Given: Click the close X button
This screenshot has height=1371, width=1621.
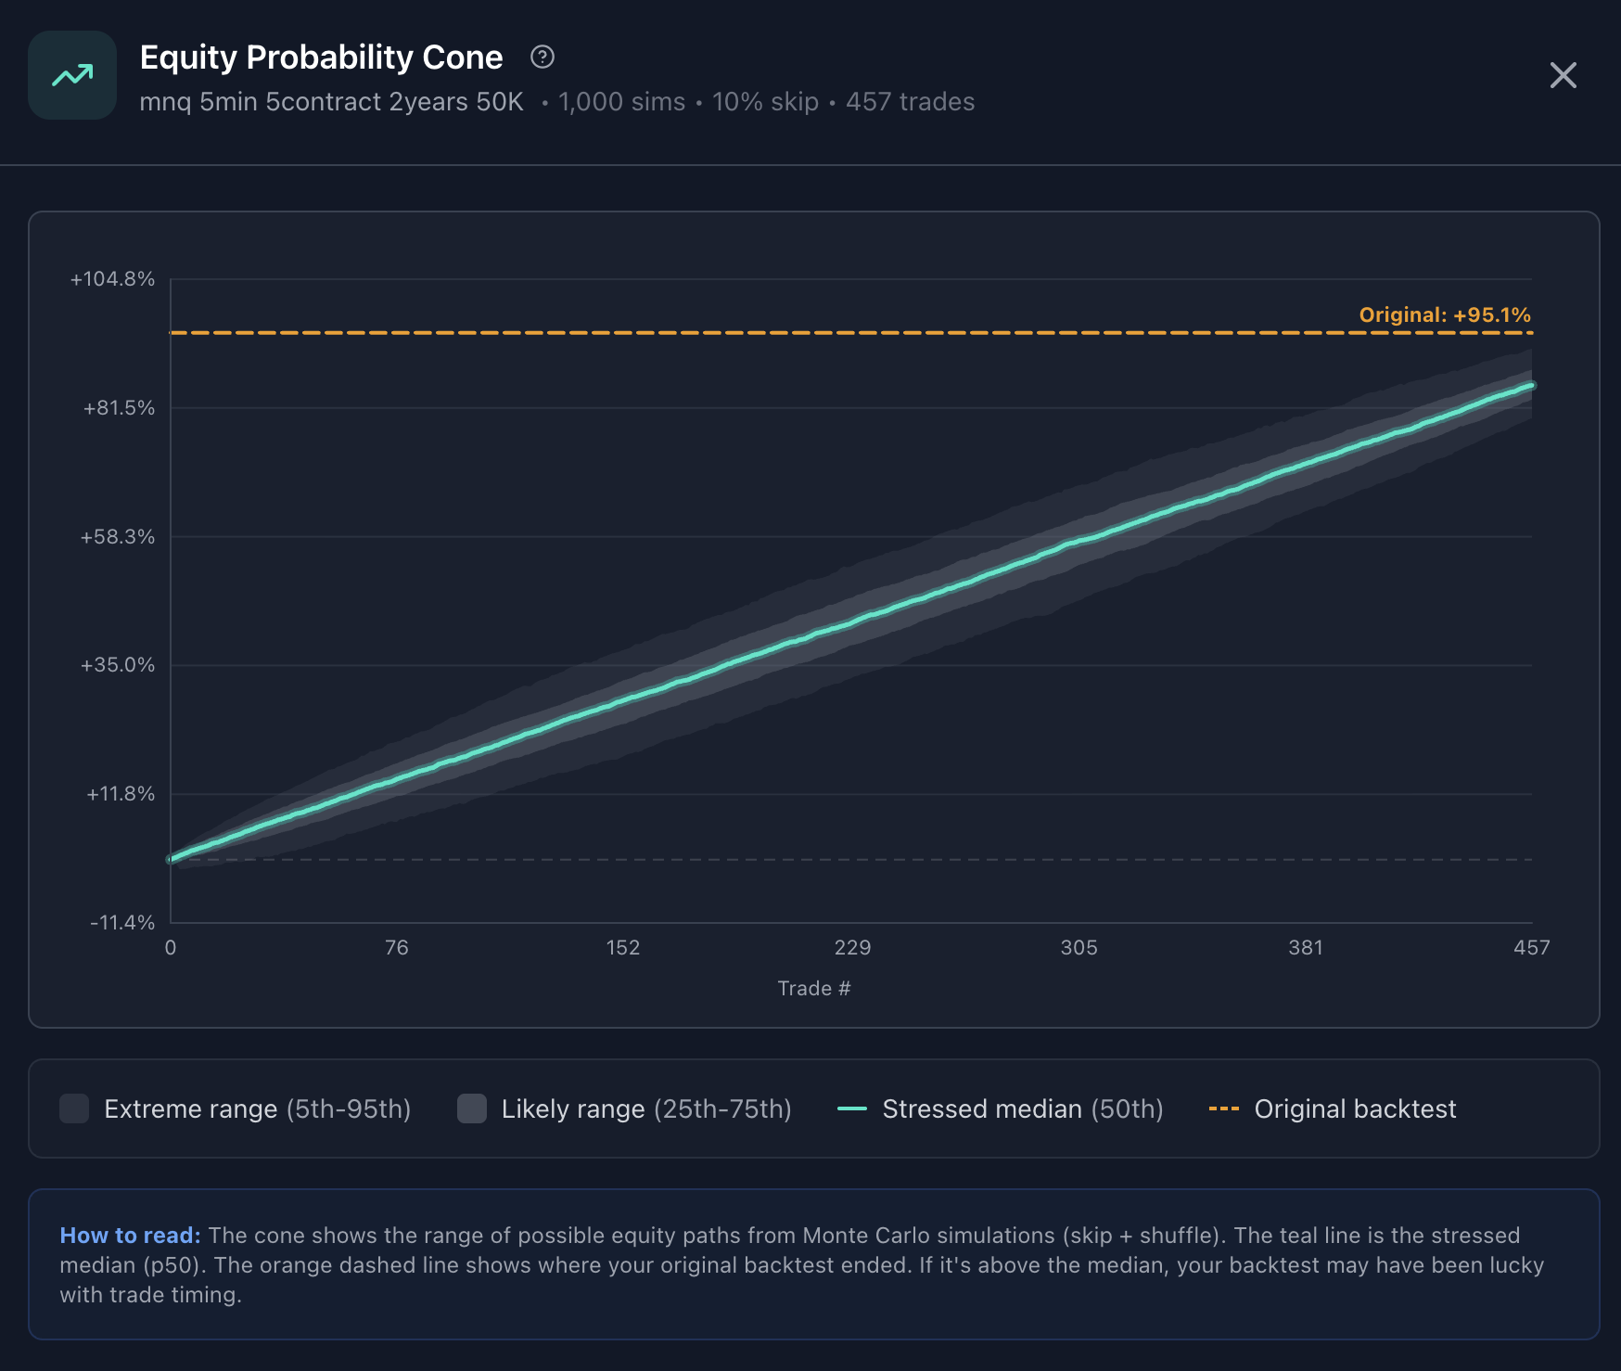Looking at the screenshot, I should click(1563, 75).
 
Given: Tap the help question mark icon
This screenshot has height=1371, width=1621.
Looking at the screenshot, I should click(542, 58).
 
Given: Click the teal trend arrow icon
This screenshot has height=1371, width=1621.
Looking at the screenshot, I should click(72, 75).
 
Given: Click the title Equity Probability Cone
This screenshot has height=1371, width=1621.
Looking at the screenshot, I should click(321, 58).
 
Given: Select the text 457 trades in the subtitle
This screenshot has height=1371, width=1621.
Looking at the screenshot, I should click(910, 102).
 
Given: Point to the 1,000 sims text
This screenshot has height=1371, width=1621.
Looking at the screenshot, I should click(621, 102).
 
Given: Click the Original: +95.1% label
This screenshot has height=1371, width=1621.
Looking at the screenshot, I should click(1444, 315).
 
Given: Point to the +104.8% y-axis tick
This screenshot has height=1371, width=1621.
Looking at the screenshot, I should click(112, 279).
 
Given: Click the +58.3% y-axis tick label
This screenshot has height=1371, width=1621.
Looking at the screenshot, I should click(118, 537).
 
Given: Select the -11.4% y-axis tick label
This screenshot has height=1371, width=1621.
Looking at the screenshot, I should click(122, 923).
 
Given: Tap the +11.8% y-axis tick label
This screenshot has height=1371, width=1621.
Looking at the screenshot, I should click(121, 794).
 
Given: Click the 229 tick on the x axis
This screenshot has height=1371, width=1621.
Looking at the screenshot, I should click(852, 948).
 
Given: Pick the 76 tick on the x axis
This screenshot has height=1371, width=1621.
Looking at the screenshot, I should click(397, 948).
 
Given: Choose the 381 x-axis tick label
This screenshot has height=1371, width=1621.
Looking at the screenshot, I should click(1306, 948).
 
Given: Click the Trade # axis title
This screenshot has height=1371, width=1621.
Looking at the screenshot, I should click(813, 989).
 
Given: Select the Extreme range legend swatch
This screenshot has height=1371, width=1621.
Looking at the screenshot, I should click(74, 1108).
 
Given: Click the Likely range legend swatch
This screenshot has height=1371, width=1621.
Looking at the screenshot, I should click(472, 1108).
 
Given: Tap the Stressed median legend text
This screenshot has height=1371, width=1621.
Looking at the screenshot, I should click(1022, 1109).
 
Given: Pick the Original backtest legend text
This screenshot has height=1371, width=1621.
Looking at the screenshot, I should click(1355, 1109).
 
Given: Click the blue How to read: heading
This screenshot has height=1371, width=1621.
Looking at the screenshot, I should click(130, 1236).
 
